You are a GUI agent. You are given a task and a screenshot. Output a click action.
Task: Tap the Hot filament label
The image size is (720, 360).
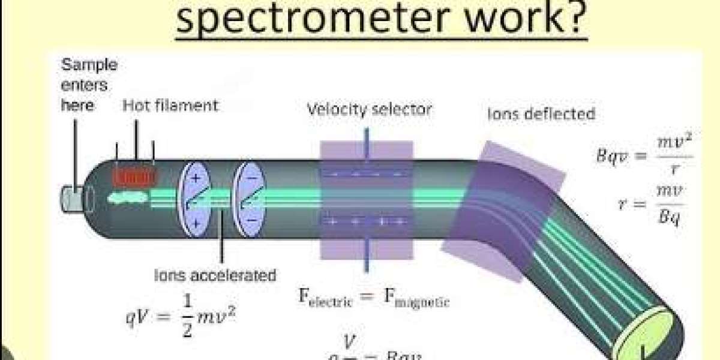pyautogui.click(x=170, y=106)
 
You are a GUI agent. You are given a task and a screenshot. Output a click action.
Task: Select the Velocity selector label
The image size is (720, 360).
pyautogui.click(x=370, y=109)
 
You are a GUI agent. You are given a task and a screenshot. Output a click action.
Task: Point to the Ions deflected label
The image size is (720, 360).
pyautogui.click(x=541, y=113)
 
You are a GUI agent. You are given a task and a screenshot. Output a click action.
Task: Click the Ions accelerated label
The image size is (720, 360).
pyautogui.click(x=215, y=275)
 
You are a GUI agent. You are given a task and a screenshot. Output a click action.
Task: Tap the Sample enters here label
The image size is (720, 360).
pyautogui.click(x=89, y=85)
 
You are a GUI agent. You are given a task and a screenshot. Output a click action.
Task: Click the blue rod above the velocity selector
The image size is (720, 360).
pyautogui.click(x=365, y=148)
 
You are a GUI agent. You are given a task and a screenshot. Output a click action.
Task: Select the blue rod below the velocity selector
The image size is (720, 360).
pyautogui.click(x=365, y=255)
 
